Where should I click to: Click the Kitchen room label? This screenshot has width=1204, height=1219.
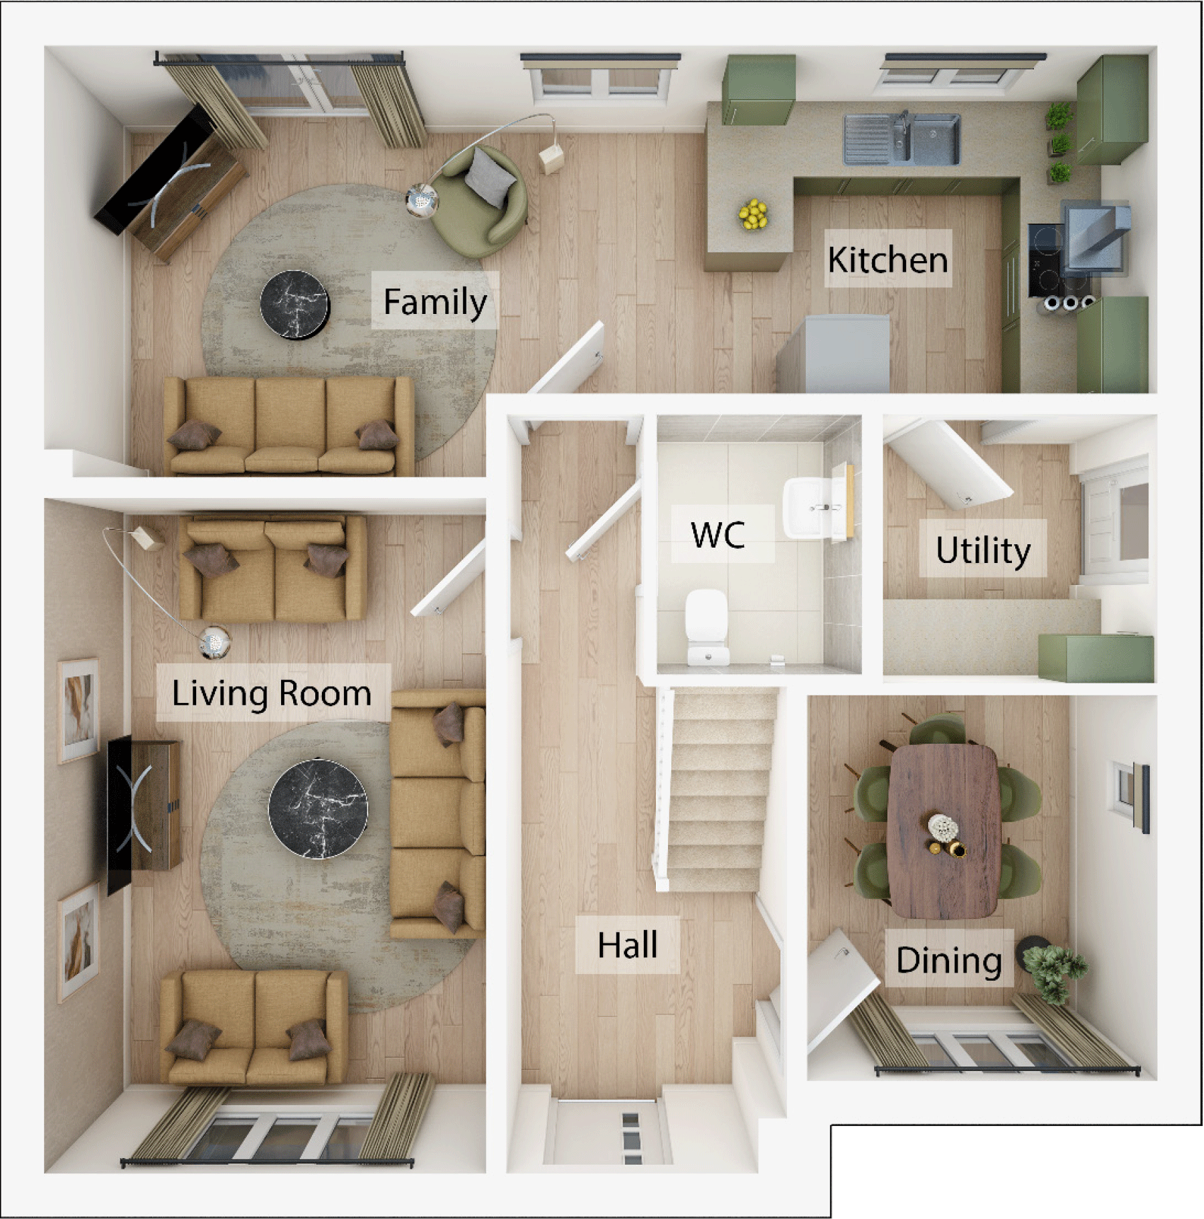[x=887, y=259]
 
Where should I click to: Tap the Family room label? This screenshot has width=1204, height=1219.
[x=434, y=301]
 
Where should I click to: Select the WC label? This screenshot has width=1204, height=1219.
[x=718, y=534]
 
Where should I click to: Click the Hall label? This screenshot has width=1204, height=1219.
[x=627, y=945]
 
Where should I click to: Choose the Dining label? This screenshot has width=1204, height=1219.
[x=948, y=959]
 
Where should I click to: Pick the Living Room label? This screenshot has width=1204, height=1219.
[x=272, y=692]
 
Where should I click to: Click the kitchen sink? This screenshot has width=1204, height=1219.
[x=901, y=139]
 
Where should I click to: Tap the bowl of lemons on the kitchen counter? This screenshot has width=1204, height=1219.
[x=754, y=214]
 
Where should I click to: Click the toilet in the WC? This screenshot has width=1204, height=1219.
[x=707, y=626]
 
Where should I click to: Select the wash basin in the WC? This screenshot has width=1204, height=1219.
[x=813, y=507]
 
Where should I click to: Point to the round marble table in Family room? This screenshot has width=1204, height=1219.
[x=294, y=304]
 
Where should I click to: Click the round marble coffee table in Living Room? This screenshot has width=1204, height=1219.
[x=318, y=808]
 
